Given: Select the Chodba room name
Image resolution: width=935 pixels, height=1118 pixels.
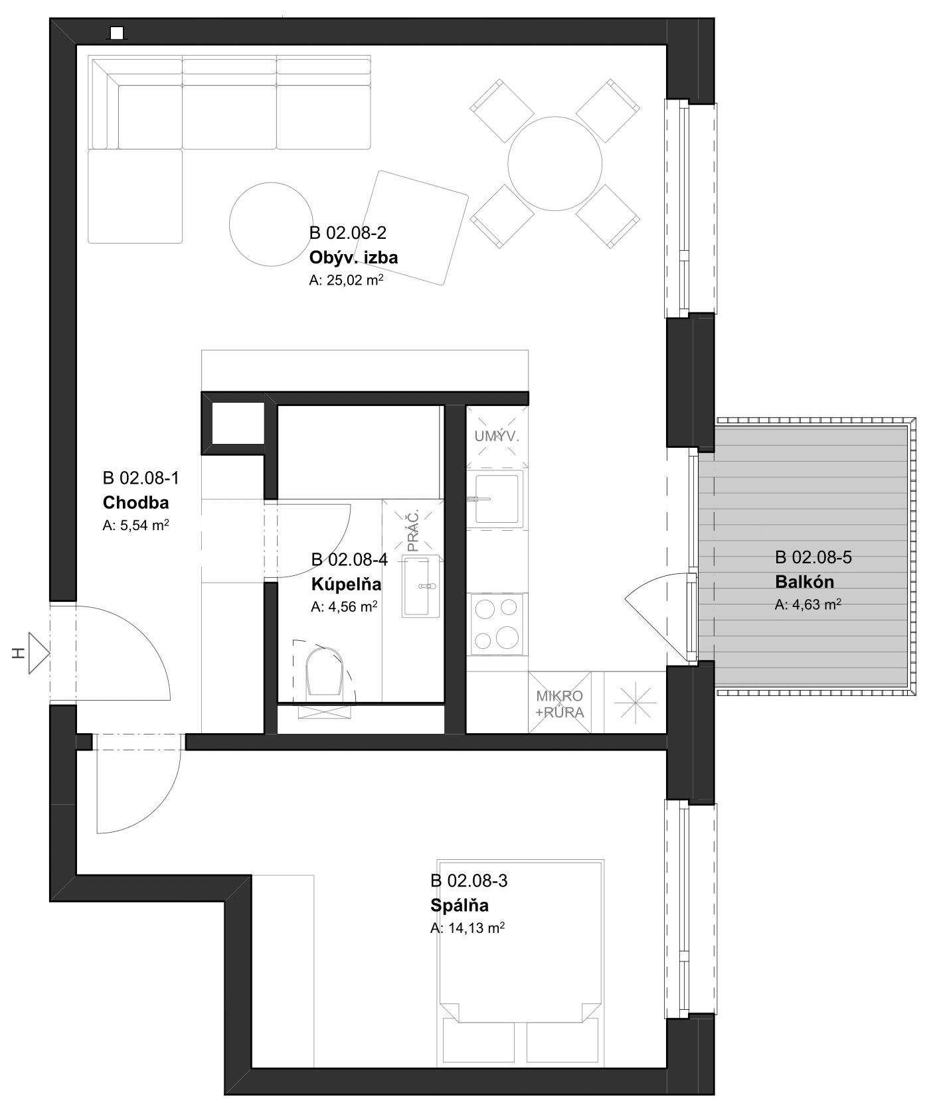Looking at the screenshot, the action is click(135, 502).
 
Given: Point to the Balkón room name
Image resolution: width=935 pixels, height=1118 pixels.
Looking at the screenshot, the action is click(804, 582).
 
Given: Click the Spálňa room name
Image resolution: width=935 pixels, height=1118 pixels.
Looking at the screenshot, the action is click(460, 905).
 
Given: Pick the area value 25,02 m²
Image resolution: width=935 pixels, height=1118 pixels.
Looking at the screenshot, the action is click(347, 281).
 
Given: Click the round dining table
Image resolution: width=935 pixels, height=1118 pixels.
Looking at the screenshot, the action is click(555, 163).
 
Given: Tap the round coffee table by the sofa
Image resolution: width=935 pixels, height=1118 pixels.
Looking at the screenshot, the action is click(271, 224).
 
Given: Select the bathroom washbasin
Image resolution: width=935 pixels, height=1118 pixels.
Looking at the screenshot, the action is click(421, 587).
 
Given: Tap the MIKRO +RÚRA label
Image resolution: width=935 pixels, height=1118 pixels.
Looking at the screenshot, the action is click(560, 705).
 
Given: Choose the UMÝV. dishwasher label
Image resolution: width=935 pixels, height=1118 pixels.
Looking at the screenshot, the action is click(497, 437).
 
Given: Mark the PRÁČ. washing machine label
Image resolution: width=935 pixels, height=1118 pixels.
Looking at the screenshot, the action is click(413, 531).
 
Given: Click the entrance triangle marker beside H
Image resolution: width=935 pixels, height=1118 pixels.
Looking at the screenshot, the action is click(39, 654).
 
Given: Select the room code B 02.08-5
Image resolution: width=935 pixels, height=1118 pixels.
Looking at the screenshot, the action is click(813, 557).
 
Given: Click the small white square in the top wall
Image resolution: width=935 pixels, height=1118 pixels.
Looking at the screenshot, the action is click(118, 33).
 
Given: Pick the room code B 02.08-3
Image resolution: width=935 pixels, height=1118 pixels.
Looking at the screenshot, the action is click(469, 880).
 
